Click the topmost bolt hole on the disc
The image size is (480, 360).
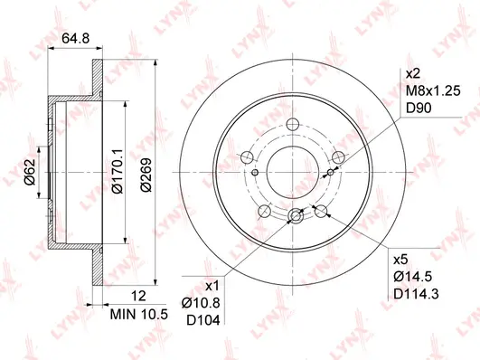293,126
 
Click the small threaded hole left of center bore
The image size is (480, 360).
256,174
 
